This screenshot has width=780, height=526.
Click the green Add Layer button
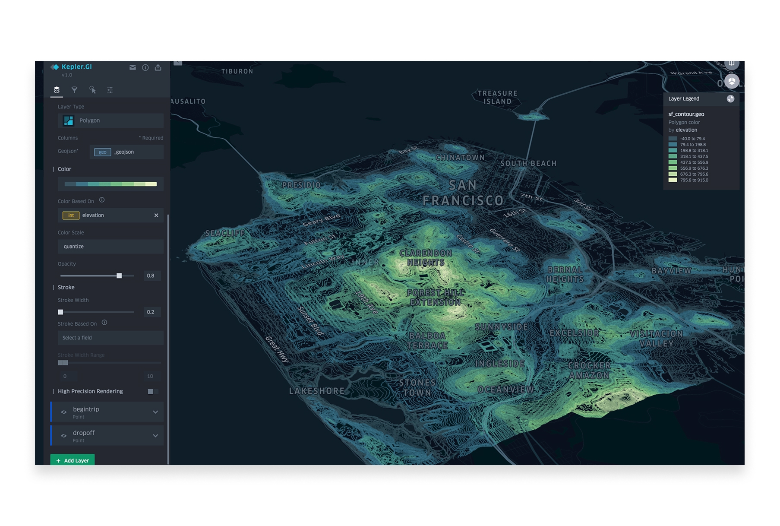tap(73, 460)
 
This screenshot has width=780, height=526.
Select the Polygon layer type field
tap(111, 120)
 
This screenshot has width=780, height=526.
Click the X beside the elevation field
tap(156, 215)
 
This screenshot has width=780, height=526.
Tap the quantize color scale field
tap(111, 247)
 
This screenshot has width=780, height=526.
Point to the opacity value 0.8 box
tap(151, 276)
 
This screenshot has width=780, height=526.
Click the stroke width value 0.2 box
tap(151, 312)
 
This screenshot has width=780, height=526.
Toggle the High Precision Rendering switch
tap(152, 391)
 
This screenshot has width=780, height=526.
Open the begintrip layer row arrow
tap(155, 412)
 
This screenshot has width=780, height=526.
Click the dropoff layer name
tap(84, 433)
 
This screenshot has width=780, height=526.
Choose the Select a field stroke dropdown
tap(111, 338)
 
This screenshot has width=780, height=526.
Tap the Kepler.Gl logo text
tap(76, 67)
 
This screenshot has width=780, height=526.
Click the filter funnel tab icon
tap(74, 90)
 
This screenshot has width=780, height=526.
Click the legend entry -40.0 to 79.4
tap(692, 139)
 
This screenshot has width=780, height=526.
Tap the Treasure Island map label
tap(497, 98)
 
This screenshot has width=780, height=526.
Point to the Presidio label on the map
tap(301, 185)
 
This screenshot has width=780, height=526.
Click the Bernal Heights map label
tap(565, 275)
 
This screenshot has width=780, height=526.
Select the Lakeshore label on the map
tap(317, 391)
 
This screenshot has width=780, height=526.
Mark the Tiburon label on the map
tap(237, 71)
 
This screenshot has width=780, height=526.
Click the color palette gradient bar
tap(111, 184)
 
